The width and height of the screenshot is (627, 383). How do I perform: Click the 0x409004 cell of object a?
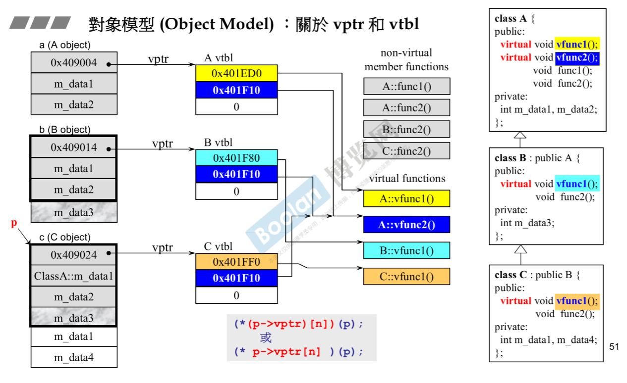74,63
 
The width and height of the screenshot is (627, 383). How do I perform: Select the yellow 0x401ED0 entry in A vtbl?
236,73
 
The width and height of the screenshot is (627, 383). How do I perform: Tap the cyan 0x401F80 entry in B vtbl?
236,158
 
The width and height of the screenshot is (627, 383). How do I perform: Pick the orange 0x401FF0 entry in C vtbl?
236,262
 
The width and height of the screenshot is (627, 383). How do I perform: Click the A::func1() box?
406,87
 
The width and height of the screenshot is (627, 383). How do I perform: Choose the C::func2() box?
406,151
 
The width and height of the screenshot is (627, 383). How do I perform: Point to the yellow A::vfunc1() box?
406,199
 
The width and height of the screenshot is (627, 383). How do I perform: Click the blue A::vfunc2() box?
406,225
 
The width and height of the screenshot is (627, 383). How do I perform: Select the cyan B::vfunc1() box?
406,251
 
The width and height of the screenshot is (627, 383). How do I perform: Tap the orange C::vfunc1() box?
406,277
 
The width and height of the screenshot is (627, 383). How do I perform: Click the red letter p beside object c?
14,223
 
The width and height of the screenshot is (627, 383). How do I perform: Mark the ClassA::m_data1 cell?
74,276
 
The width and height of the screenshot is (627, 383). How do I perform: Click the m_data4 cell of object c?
74,357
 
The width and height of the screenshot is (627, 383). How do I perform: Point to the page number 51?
614,347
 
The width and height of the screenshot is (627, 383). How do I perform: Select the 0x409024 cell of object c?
74,255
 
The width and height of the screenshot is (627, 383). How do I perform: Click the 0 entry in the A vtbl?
236,106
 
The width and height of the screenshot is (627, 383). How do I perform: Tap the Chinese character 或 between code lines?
266,338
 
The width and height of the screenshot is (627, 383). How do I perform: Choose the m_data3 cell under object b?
74,212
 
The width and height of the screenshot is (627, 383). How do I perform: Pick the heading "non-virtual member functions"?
406,60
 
